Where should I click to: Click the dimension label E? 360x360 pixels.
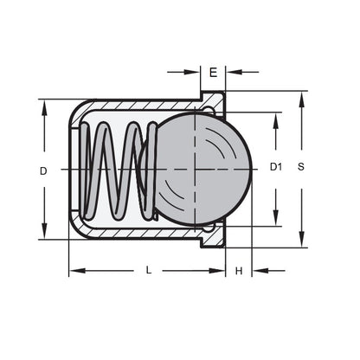point(213,73)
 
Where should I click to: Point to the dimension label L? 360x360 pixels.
point(148,271)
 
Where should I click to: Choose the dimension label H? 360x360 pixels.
point(239,271)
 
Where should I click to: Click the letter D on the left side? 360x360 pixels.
point(42,170)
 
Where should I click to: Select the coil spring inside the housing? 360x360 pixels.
point(117,169)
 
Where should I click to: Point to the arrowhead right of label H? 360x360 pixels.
point(258,271)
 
